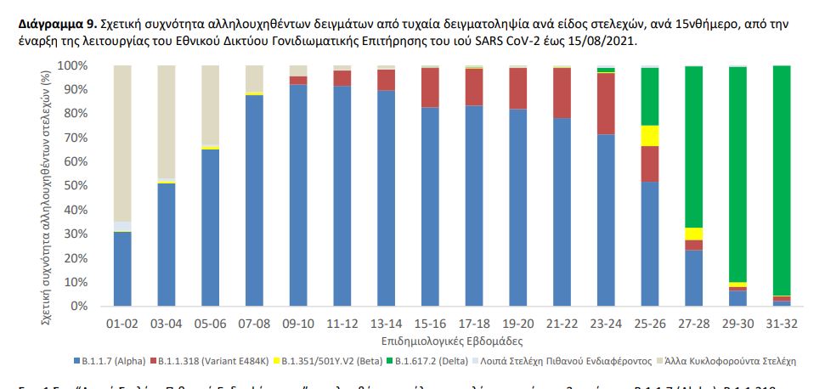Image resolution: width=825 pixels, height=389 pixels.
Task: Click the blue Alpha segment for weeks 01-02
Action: click(x=122, y=268)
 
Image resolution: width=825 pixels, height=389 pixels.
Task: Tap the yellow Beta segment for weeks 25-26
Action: click(x=649, y=136)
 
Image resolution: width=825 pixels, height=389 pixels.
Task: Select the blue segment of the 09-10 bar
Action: click(x=298, y=194)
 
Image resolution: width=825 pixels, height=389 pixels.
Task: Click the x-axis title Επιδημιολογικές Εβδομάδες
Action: click(x=451, y=339)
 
